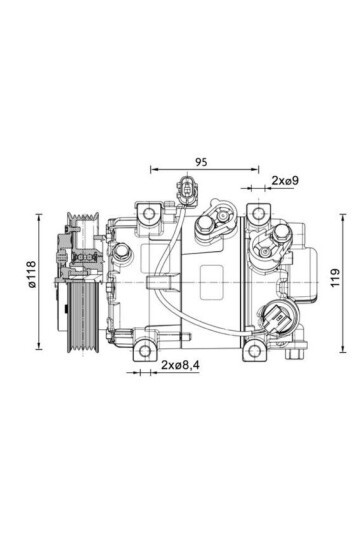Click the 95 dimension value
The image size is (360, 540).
point(201,162)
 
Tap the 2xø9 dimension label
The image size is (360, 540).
point(285,180)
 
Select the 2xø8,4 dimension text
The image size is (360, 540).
point(181,365)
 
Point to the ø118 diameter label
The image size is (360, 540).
point(31,274)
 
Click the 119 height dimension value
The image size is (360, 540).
point(335,277)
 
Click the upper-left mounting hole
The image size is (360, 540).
point(149,214)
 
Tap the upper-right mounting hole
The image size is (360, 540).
point(257,214)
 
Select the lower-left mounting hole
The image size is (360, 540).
point(145,351)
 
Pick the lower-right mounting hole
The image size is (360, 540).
point(254,351)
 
